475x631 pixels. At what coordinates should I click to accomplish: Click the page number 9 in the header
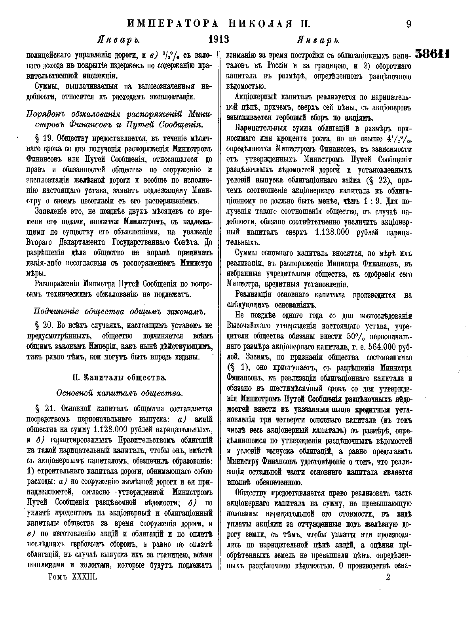click(409, 24)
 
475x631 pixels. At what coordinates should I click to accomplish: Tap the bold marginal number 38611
click(433, 54)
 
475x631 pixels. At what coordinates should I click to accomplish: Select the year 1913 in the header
click(219, 40)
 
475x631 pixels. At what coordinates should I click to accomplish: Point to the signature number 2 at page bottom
click(388, 577)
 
